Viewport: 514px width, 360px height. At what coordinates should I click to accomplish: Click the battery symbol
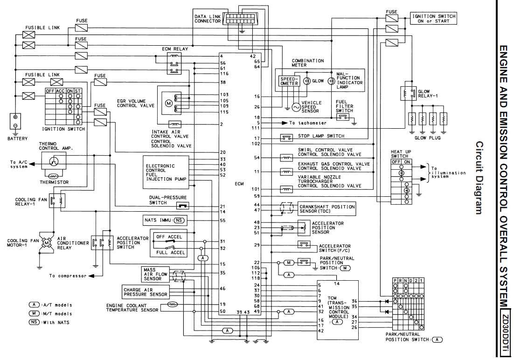pos(15,121)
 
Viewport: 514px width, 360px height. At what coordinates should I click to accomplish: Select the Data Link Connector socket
pos(241,19)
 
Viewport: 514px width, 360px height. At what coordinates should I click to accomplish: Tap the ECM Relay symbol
pos(174,63)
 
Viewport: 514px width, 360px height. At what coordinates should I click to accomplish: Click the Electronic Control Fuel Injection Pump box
pos(166,173)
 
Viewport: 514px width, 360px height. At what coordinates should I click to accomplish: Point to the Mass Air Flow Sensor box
pos(155,274)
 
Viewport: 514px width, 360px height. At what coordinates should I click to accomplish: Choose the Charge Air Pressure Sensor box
pos(145,292)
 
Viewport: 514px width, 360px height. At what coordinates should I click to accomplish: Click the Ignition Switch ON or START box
pos(433,18)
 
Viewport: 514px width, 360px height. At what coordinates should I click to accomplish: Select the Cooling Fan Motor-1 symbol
pos(46,242)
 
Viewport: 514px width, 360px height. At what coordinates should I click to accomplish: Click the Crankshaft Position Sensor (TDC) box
pos(326,209)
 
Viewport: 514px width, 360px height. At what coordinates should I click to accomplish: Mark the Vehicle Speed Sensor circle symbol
pos(296,107)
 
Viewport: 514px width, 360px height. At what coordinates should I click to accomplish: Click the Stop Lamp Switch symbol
pos(286,138)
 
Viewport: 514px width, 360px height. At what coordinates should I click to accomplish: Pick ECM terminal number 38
pos(223,83)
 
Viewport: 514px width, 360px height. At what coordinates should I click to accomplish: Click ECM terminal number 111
pos(256,128)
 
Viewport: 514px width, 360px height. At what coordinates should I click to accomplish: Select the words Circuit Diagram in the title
pos(479,178)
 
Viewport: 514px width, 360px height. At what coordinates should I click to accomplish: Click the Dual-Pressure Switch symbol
pos(182,206)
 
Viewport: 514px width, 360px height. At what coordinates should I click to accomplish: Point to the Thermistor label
pos(55,182)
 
